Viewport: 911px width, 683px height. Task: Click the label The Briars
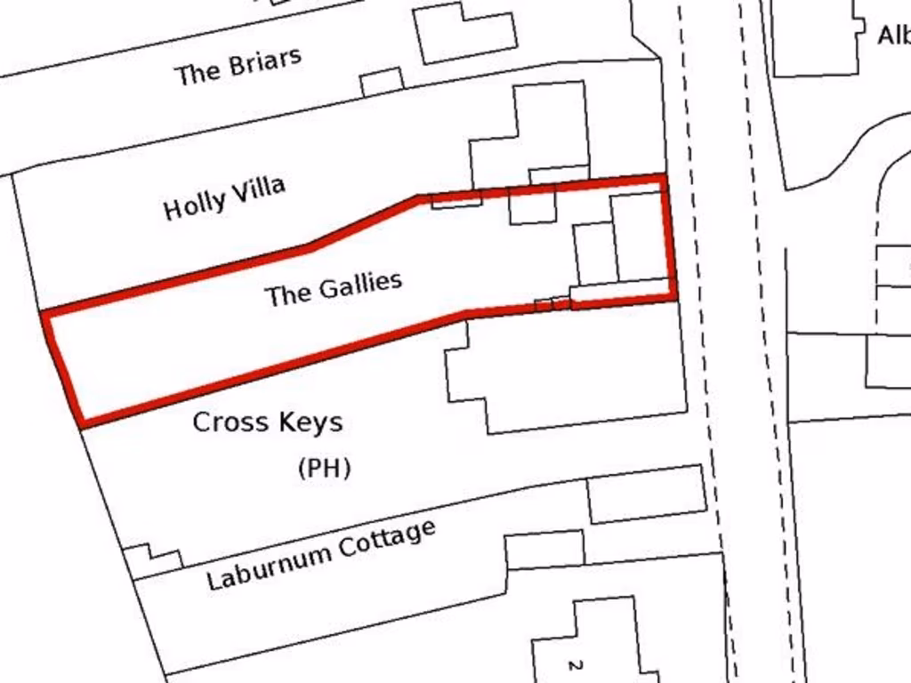tap(238, 65)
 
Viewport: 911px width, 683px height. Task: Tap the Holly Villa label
tap(224, 197)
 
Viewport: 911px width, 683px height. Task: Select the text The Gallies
tap(334, 288)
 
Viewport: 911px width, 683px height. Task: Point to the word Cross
tap(230, 422)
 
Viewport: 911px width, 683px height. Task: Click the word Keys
tap(308, 422)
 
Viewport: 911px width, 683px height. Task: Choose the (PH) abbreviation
tap(325, 468)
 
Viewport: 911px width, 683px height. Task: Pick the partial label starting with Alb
tap(893, 36)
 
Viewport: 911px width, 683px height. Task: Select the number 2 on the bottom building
tap(575, 664)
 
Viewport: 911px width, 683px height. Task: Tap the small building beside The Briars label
tap(382, 82)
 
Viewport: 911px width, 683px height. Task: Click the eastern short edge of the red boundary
tap(670, 237)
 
